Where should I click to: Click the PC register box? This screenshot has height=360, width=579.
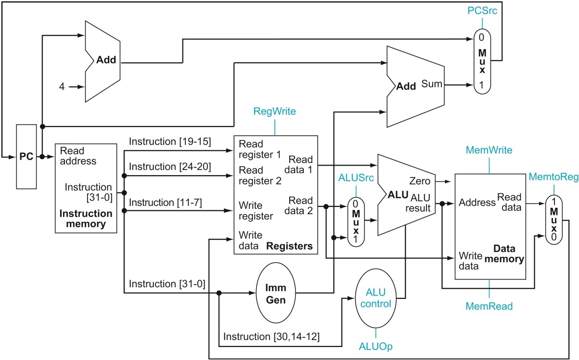26,156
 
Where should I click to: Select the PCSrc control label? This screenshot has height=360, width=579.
482,10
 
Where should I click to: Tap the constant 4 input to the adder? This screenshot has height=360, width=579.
62,87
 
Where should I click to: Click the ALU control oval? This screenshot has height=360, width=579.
376,298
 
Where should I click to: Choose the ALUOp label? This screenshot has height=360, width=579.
375,346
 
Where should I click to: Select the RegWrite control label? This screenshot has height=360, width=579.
275,112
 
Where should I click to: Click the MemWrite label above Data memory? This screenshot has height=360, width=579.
489,151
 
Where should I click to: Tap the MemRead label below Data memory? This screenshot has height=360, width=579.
489,306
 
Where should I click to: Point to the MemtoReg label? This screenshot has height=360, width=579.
553,178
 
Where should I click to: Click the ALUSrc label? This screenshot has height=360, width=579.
356,178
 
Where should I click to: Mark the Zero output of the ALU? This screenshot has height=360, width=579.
419,181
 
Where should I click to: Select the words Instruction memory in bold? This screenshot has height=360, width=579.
86,218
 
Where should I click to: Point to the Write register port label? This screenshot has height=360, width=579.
256,210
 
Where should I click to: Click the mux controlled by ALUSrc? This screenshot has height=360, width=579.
356,221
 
